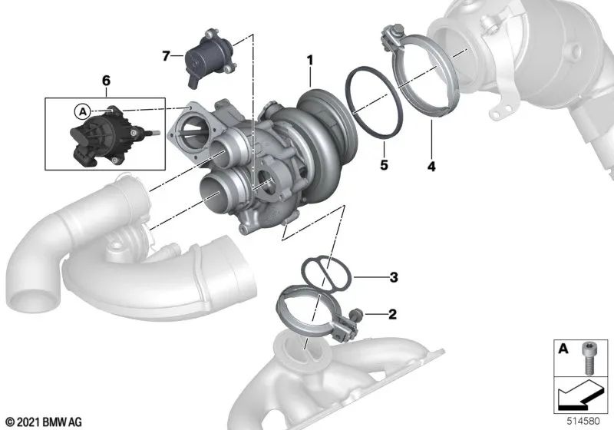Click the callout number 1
point(310,59)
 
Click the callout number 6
point(106,80)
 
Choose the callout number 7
point(165,55)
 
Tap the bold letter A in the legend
point(563,350)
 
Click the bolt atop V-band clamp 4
point(391,36)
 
